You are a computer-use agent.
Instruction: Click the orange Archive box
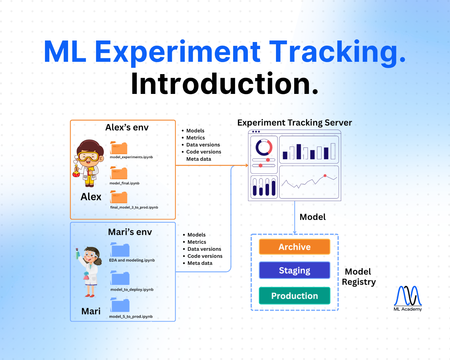point(294,247)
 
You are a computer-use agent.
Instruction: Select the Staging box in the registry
point(294,270)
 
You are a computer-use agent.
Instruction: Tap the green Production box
point(294,296)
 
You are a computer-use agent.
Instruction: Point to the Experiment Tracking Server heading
point(294,123)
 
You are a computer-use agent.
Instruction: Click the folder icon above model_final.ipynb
point(119,173)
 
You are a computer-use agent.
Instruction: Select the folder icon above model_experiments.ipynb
point(119,148)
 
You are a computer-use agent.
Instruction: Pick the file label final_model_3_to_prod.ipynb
point(134,207)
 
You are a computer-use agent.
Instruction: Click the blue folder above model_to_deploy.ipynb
point(120,278)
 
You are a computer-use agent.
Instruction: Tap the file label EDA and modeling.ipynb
point(132,260)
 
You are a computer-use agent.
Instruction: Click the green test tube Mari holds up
point(77,254)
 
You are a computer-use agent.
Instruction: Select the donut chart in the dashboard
point(264,147)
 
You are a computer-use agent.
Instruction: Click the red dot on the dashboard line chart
point(325,175)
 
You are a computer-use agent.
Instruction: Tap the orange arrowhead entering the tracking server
point(247,165)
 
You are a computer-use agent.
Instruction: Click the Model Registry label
point(358,277)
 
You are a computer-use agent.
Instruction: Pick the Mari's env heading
point(130,232)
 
